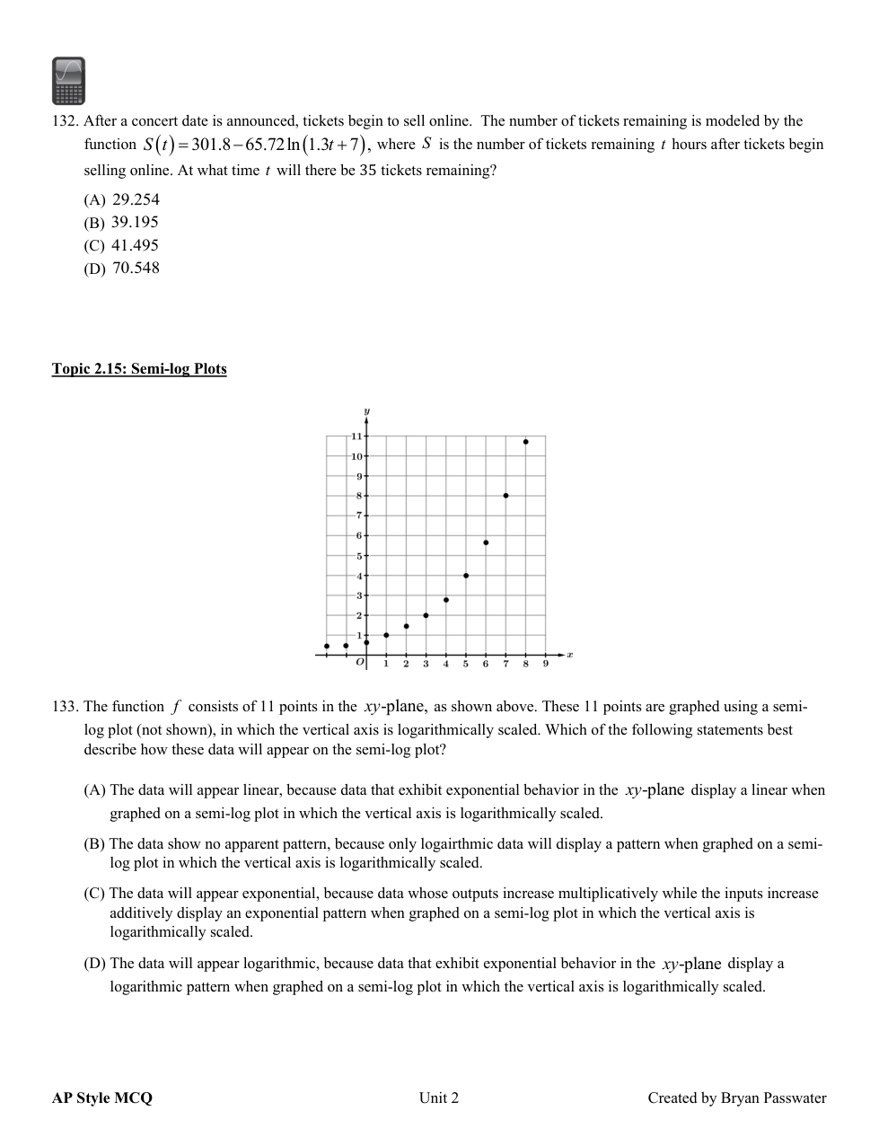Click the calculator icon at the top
[x=68, y=81]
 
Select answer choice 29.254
[x=136, y=199]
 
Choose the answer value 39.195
[x=135, y=222]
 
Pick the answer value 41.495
[x=135, y=245]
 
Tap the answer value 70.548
[x=136, y=268]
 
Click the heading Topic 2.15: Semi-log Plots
[x=139, y=369]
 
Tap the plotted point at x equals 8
[x=525, y=442]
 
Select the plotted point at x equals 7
[x=505, y=496]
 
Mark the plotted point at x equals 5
[x=466, y=576]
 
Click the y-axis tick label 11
[x=356, y=436]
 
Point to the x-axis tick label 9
[x=545, y=665]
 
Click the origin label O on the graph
[x=360, y=663]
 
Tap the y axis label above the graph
[x=366, y=412]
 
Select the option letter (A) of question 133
[x=95, y=790]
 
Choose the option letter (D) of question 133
[x=95, y=964]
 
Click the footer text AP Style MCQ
[x=102, y=1097]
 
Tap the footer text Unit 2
[x=439, y=1097]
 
